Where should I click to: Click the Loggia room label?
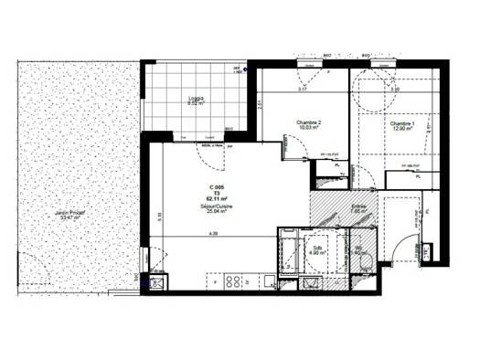coord(197,98)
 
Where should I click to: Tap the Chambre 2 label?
coord(308,123)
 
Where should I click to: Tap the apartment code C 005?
coord(218,186)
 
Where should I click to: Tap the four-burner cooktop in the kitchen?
coord(232,281)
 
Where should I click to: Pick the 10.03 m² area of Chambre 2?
coord(308,130)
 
